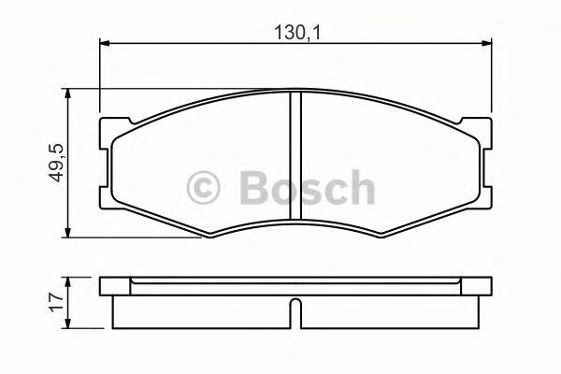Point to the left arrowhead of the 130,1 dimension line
click(105, 42)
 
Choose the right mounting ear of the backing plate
click(482, 130)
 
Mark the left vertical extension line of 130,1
click(99, 75)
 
